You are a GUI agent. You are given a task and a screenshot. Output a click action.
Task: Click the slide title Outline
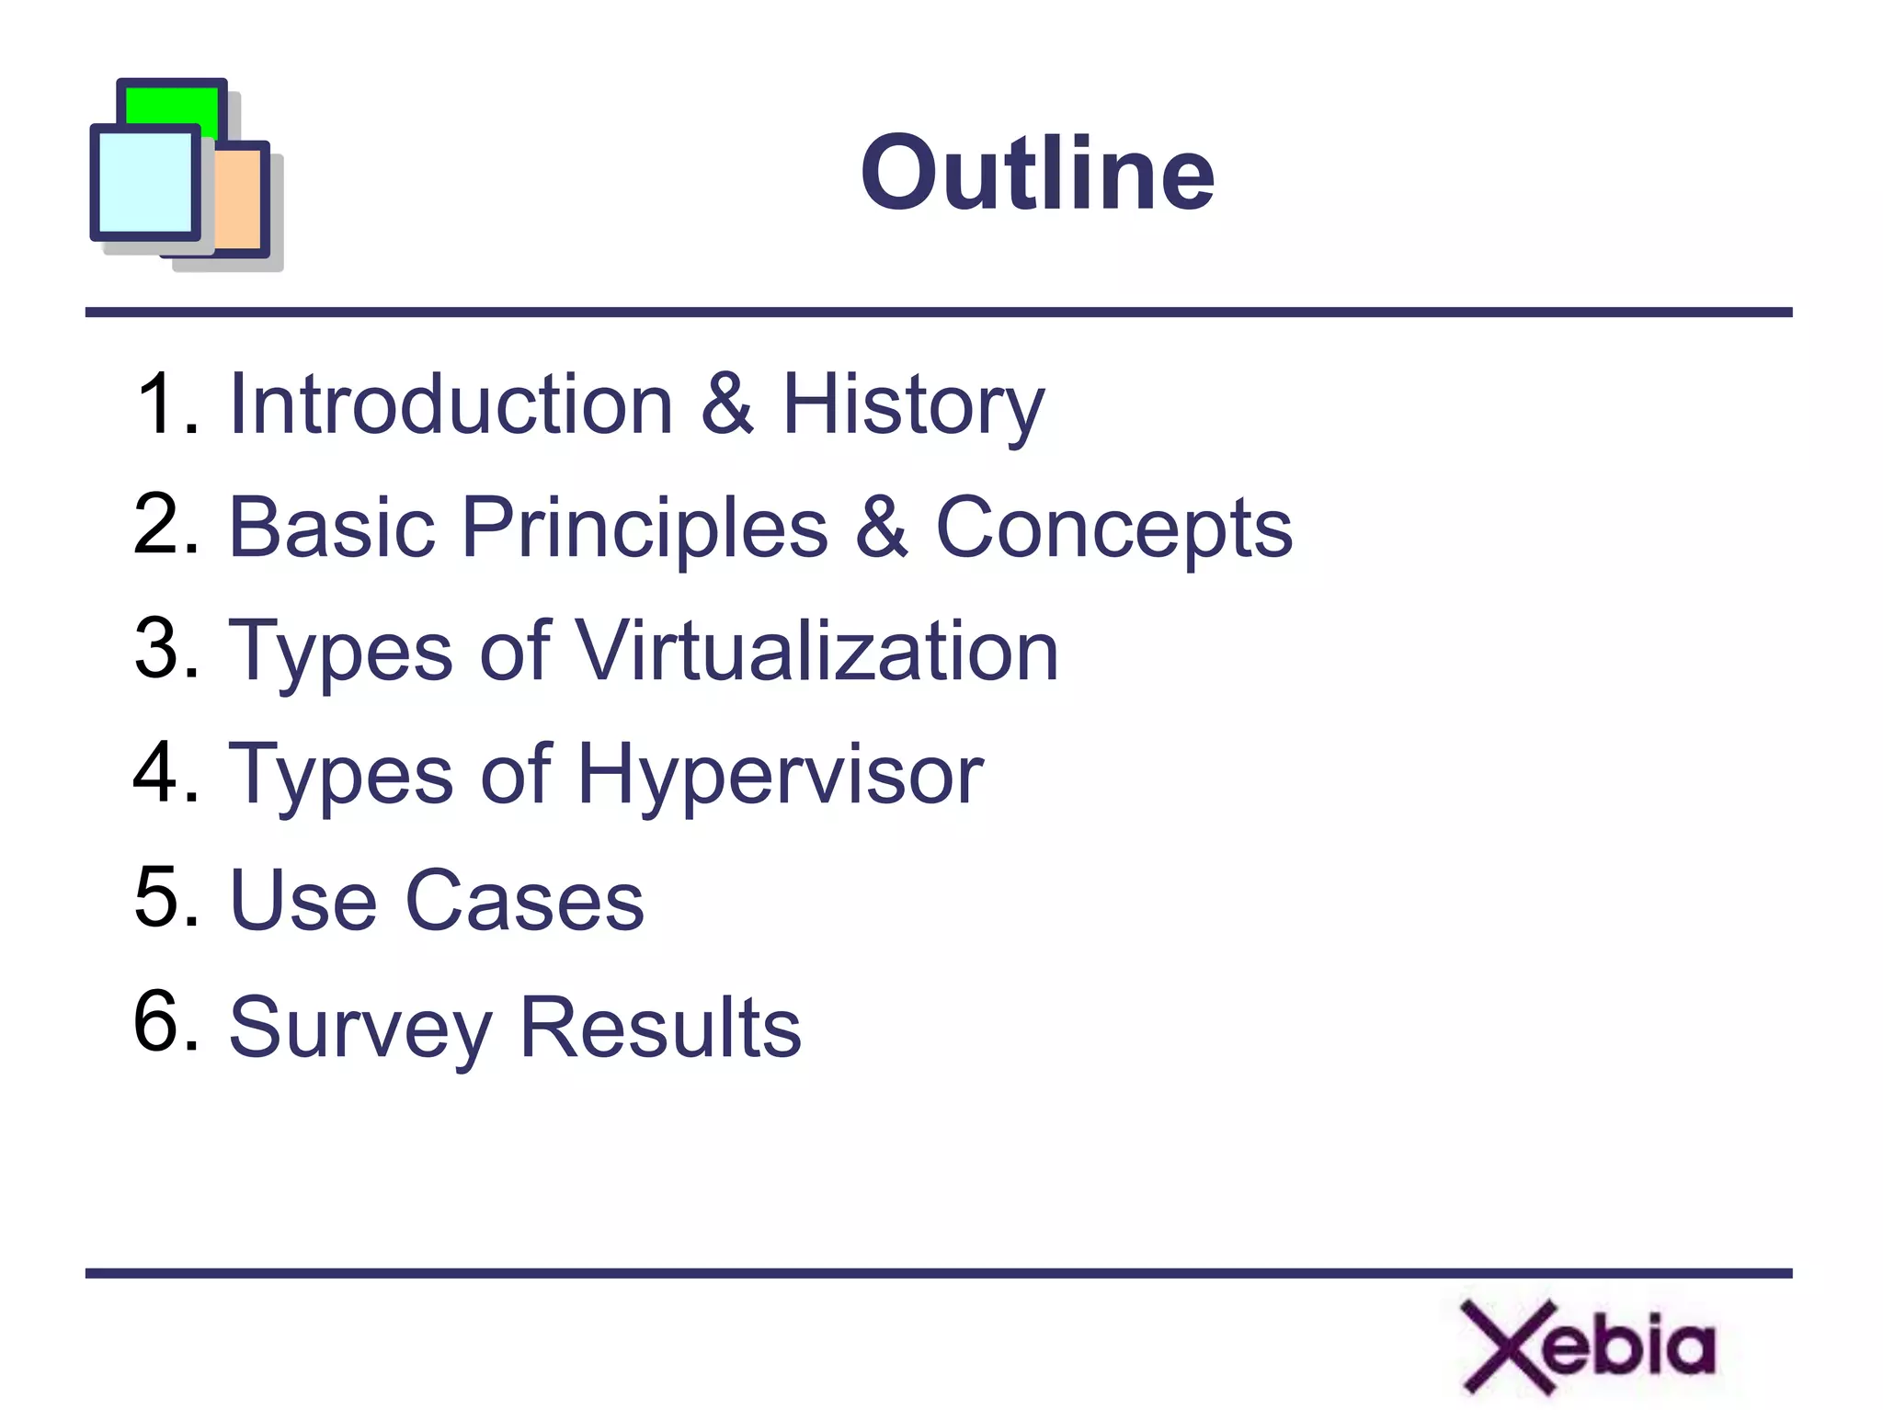1037,173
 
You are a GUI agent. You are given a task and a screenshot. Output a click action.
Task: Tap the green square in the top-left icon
172,107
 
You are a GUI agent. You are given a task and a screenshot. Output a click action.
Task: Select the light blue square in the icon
144,183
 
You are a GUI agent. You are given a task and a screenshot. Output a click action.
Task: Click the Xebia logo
1588,1346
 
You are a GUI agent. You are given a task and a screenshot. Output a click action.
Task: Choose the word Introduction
451,404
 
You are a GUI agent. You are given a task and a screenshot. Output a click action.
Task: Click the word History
912,406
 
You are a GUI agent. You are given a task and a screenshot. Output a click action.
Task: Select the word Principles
645,528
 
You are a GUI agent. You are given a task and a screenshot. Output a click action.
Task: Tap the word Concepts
1113,528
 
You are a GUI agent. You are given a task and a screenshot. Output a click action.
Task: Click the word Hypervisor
780,776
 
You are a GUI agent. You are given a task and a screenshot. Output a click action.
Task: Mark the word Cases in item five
524,900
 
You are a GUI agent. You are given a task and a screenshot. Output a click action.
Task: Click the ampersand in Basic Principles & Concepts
881,528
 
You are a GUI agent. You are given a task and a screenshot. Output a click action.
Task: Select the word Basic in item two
331,528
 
